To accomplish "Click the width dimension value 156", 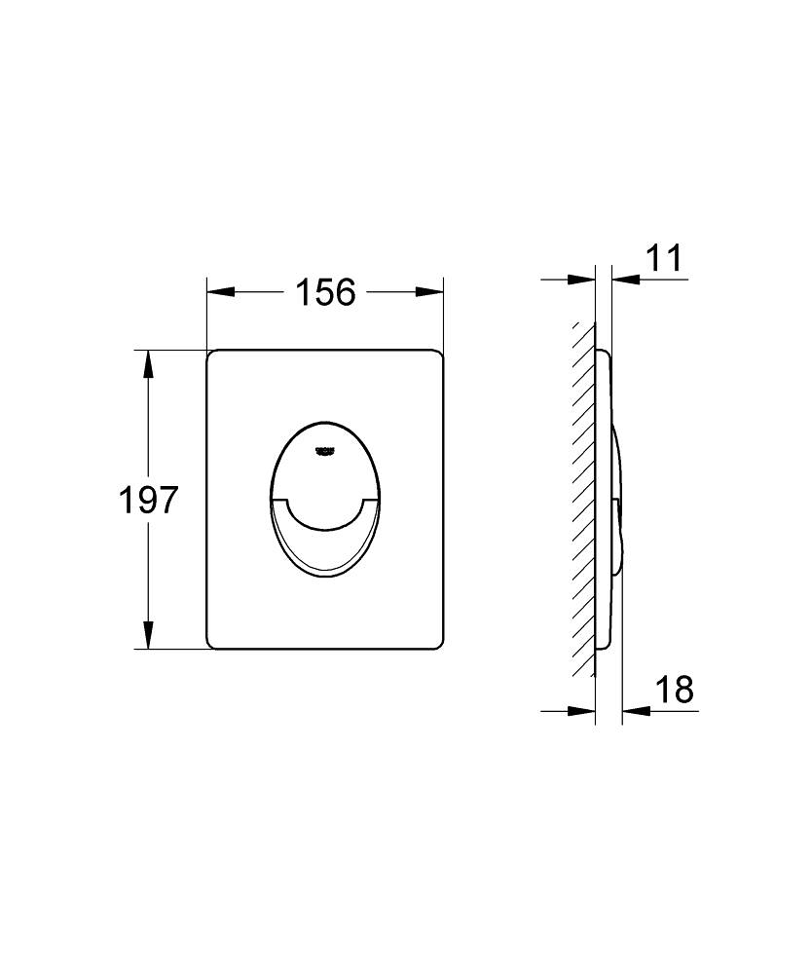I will coord(325,291).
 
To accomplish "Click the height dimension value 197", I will coord(148,500).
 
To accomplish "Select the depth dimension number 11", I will coord(664,260).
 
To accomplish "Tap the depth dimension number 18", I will coord(673,691).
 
